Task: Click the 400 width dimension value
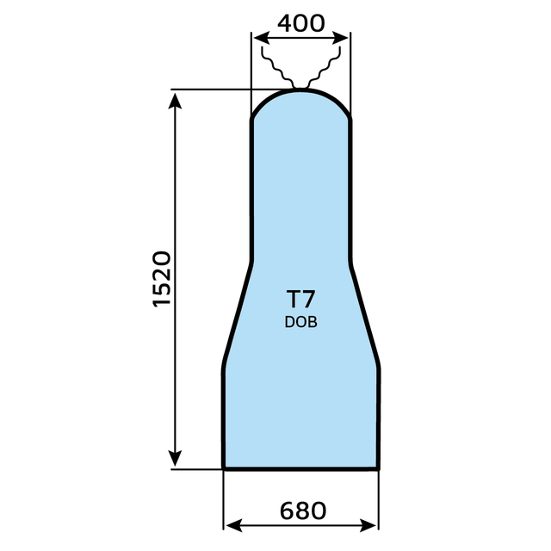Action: click(x=300, y=23)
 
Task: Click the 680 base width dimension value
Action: click(x=302, y=511)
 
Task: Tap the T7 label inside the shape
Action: click(x=300, y=300)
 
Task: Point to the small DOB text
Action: click(x=300, y=323)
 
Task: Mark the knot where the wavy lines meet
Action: click(x=300, y=86)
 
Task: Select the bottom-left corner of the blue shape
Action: click(x=224, y=468)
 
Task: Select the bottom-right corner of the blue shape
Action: click(x=379, y=468)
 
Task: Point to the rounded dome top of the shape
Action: click(x=300, y=91)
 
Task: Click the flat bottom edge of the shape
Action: click(x=300, y=469)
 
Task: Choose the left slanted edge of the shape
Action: click(x=237, y=314)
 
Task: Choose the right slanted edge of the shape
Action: click(x=365, y=314)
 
